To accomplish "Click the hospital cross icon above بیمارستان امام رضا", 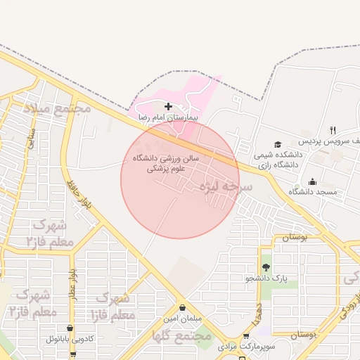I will click(x=167, y=105).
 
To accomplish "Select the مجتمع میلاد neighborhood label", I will click(x=58, y=110).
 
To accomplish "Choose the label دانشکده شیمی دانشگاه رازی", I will click(x=276, y=159).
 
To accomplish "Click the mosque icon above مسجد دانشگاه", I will click(x=312, y=182).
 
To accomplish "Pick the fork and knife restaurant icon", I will click(x=333, y=130).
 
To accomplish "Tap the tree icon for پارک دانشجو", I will click(x=266, y=267).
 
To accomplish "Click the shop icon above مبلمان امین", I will click(x=183, y=307).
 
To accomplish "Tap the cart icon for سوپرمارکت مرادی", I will click(x=245, y=336).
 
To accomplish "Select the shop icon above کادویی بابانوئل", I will click(x=70, y=328).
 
